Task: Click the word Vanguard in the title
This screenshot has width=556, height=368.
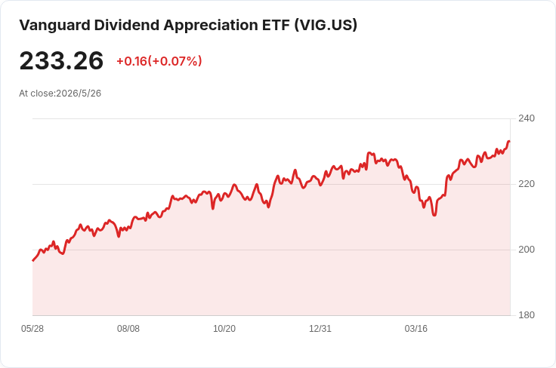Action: [x=54, y=26]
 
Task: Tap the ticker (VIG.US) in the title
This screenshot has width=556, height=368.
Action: [x=326, y=25]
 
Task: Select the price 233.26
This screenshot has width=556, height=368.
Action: [x=61, y=60]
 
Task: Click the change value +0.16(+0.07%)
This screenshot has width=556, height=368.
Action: [x=159, y=61]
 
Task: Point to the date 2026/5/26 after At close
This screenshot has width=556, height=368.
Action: [x=79, y=94]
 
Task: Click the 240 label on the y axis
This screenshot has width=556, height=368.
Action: [x=527, y=118]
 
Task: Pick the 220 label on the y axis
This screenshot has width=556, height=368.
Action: [x=527, y=184]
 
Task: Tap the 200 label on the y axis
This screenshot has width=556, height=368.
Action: [x=527, y=250]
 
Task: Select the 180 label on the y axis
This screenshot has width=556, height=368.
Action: [x=527, y=315]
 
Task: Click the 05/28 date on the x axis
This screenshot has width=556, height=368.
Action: [x=32, y=329]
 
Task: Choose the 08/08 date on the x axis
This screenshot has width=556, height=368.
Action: [x=128, y=329]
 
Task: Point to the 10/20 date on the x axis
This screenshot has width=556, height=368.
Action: [x=224, y=329]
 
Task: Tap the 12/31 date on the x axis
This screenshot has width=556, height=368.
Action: [x=320, y=329]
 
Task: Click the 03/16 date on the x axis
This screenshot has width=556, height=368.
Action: [x=416, y=329]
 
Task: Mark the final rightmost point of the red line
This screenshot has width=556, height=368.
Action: [x=510, y=142]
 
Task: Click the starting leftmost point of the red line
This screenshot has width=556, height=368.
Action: [x=33, y=260]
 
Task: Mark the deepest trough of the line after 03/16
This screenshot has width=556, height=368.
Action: [x=434, y=215]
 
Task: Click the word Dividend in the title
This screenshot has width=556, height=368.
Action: [x=127, y=26]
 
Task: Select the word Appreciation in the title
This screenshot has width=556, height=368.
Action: [x=211, y=26]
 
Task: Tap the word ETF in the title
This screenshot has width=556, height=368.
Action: [x=276, y=26]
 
